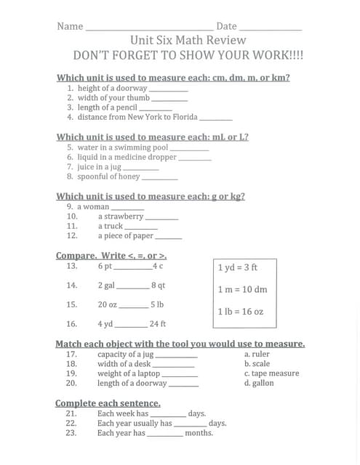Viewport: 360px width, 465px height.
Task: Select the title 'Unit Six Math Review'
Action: point(188,41)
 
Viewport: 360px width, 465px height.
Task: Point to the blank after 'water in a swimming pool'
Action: point(190,149)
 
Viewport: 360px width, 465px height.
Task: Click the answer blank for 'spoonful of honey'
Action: point(160,178)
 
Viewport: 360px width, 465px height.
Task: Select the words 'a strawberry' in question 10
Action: point(121,217)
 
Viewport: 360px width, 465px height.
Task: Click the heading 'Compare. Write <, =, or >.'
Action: point(111,256)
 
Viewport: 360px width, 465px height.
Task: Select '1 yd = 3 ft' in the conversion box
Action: point(237,267)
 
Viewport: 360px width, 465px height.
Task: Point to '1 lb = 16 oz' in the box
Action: point(241,312)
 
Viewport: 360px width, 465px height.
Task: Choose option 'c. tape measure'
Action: point(271,373)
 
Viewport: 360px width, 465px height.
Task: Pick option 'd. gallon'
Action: point(259,383)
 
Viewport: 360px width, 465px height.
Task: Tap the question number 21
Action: point(71,413)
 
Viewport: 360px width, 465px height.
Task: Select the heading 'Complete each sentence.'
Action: point(108,403)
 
